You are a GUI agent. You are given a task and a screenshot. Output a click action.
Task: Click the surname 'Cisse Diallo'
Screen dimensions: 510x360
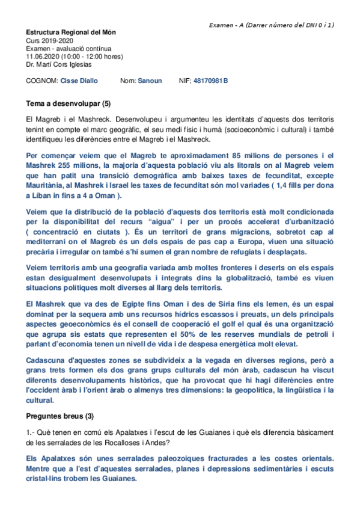(x=80, y=80)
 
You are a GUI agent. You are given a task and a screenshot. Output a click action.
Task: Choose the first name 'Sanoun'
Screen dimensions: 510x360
(x=149, y=80)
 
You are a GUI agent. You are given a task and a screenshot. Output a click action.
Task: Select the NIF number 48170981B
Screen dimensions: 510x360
(x=210, y=80)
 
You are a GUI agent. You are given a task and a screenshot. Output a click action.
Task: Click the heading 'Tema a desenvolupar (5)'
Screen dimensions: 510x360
(x=68, y=103)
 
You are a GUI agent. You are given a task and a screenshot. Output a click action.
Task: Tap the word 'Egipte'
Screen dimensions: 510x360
(x=136, y=305)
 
